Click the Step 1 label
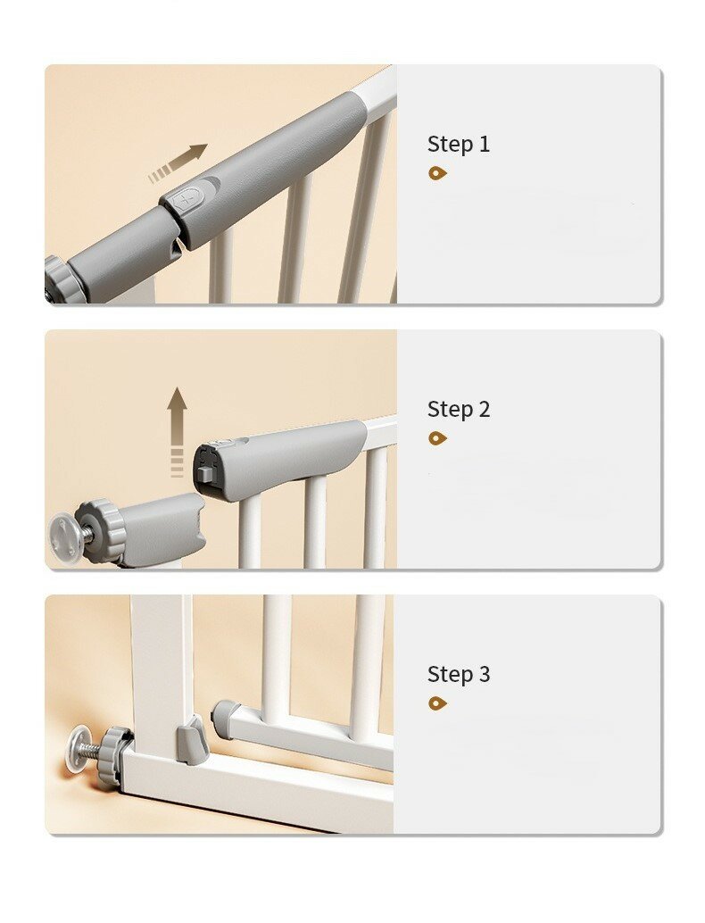point(459,145)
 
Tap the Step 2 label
point(459,409)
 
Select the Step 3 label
point(459,674)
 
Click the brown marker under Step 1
point(437,173)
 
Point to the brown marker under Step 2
point(437,438)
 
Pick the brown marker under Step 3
point(437,703)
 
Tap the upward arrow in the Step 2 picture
point(177,431)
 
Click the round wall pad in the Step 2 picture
point(65,532)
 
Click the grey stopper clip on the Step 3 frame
point(191,740)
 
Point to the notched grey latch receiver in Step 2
point(162,528)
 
